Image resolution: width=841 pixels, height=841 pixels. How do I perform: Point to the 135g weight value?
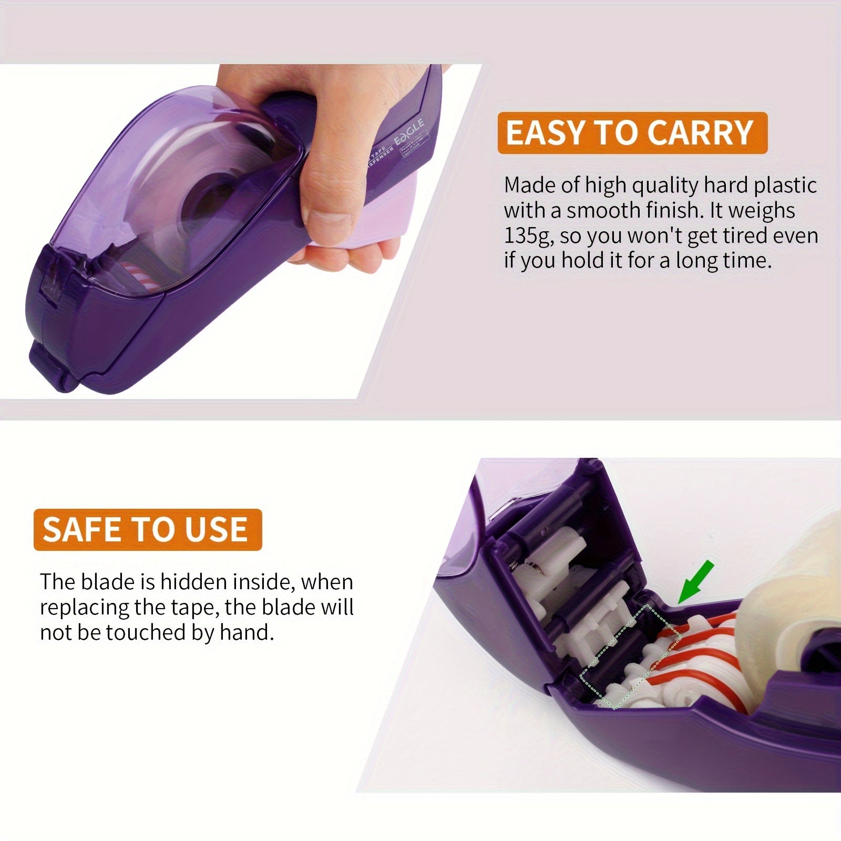point(528,236)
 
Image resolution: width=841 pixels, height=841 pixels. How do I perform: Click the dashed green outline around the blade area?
point(631,657)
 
